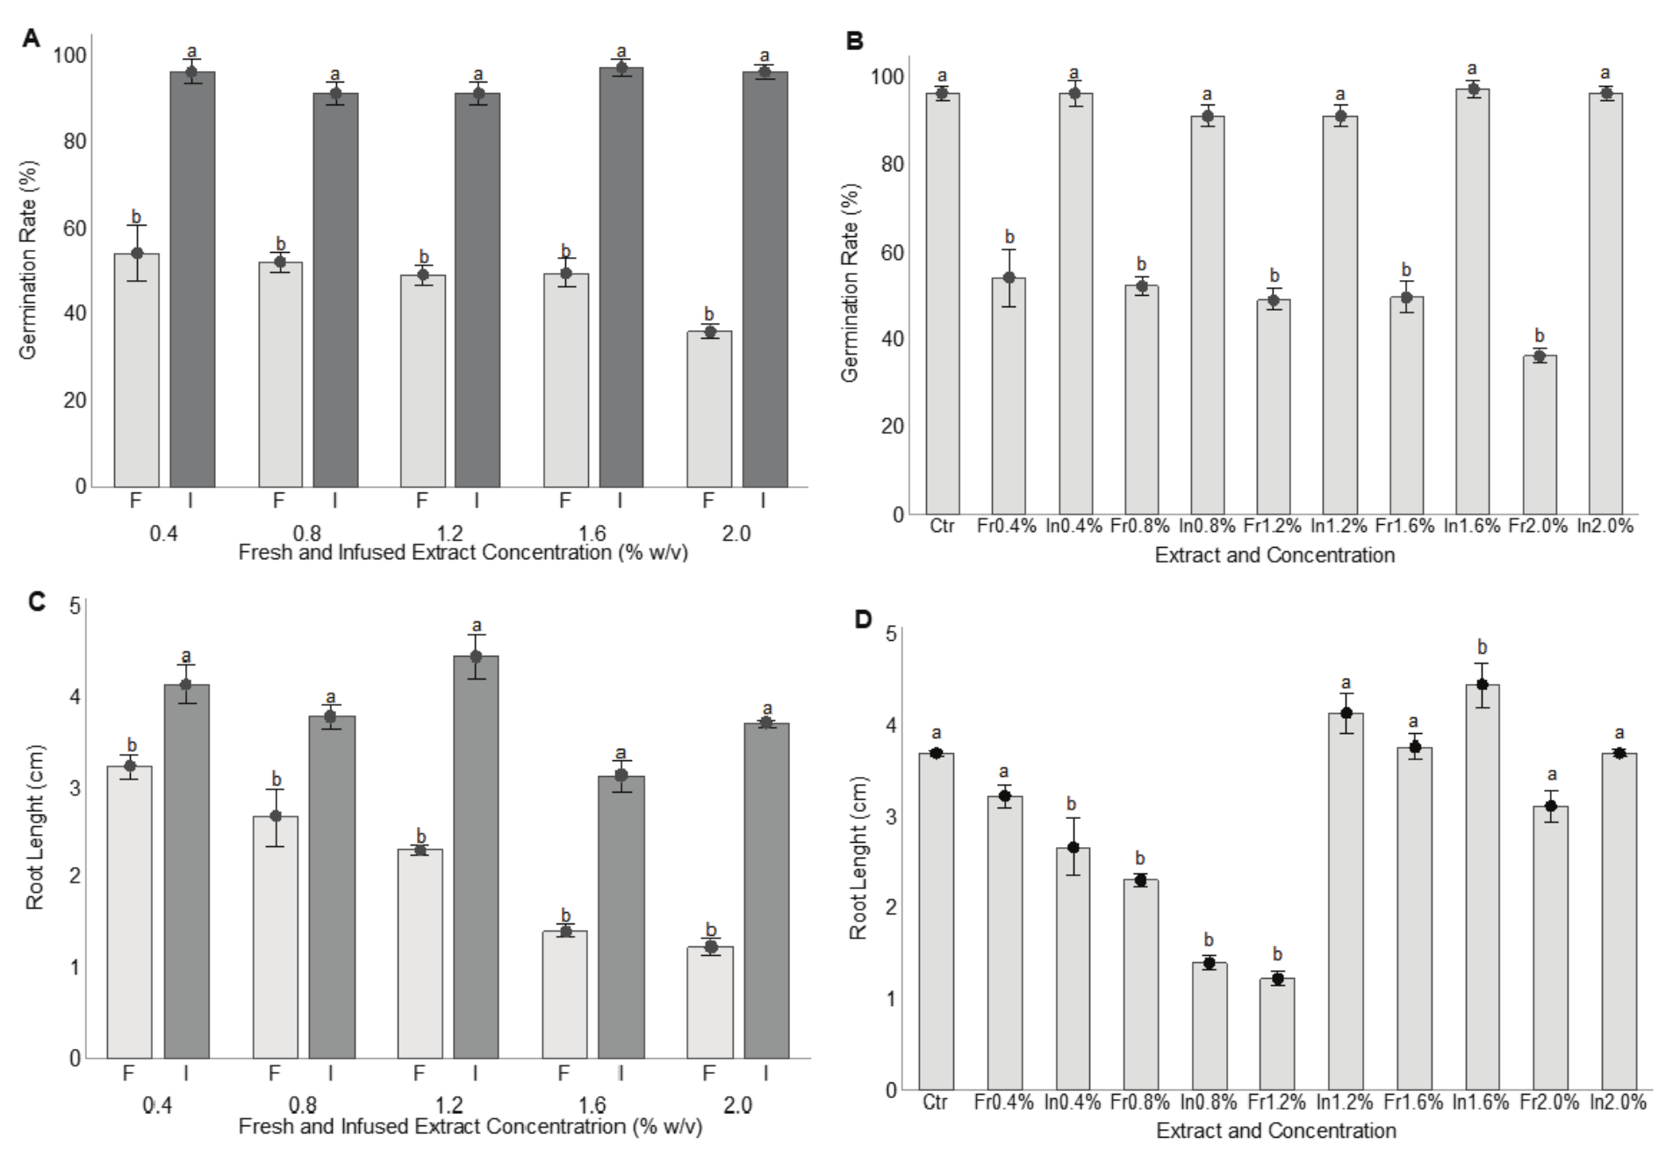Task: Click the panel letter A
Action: click(32, 39)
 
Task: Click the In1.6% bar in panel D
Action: click(1483, 887)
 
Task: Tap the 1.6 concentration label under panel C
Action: click(592, 1103)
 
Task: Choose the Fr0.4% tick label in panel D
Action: click(1003, 1102)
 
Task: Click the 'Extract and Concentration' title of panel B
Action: click(1274, 555)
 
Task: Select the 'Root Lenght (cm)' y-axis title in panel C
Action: click(35, 827)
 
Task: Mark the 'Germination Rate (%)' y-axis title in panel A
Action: click(28, 260)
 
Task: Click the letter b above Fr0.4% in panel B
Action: click(1009, 237)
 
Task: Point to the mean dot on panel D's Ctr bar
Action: click(937, 753)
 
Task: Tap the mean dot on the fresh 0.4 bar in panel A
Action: click(137, 253)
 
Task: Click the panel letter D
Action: click(864, 620)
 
